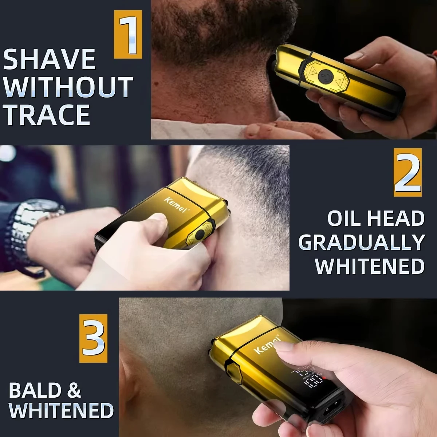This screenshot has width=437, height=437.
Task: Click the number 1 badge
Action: [x=128, y=35]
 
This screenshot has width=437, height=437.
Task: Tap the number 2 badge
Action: [x=408, y=172]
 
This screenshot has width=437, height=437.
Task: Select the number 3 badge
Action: [x=94, y=338]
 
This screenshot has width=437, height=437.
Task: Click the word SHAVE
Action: [x=50, y=60]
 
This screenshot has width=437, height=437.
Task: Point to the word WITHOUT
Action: [x=68, y=87]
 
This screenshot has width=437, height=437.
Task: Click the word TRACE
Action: [x=47, y=115]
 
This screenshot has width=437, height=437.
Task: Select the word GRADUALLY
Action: [x=362, y=243]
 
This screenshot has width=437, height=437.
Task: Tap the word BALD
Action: [x=35, y=391]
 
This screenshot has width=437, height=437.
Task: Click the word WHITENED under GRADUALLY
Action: [x=370, y=267]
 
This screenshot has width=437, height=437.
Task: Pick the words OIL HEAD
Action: [x=376, y=219]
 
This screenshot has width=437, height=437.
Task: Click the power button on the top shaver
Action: [x=324, y=76]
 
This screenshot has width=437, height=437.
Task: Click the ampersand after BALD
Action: [x=74, y=391]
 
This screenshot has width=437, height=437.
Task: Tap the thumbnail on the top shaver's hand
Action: [x=354, y=56]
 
